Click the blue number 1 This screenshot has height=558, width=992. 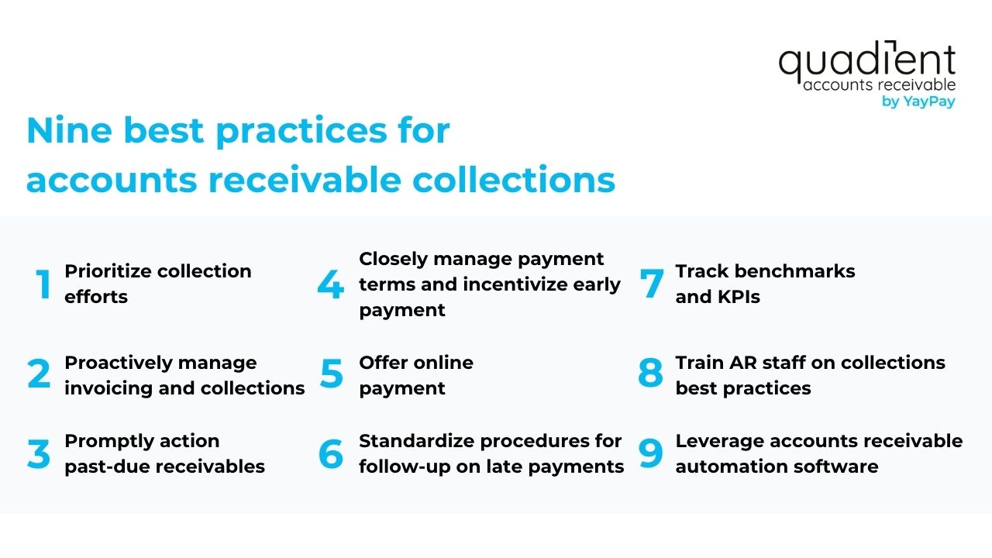[x=43, y=284]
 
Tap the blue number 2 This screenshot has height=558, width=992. [x=39, y=375]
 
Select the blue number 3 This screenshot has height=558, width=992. [x=39, y=453]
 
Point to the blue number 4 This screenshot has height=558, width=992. [x=330, y=284]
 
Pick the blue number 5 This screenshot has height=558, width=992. [x=331, y=375]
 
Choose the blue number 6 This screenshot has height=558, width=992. [x=331, y=453]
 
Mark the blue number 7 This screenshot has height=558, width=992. [x=652, y=284]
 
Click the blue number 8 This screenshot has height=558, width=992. [x=651, y=375]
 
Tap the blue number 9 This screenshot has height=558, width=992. [x=651, y=453]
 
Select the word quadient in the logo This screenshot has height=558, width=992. [x=866, y=62]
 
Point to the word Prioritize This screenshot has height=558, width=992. [x=108, y=271]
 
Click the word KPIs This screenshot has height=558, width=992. [x=739, y=297]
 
